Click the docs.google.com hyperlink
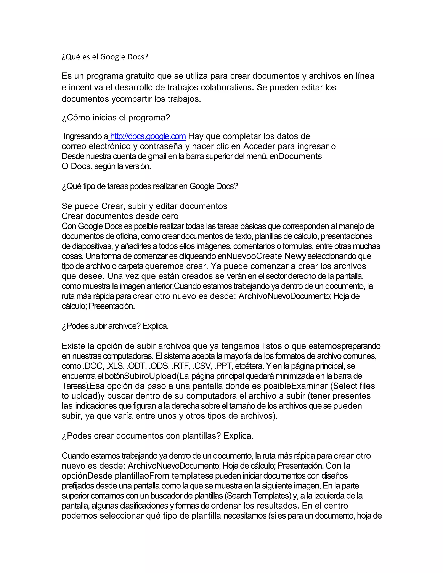(x=148, y=136)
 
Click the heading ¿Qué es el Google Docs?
(x=105, y=57)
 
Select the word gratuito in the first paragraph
(x=140, y=76)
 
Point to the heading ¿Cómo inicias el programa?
(x=116, y=118)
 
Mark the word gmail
(x=157, y=156)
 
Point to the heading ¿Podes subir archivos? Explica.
(x=115, y=326)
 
